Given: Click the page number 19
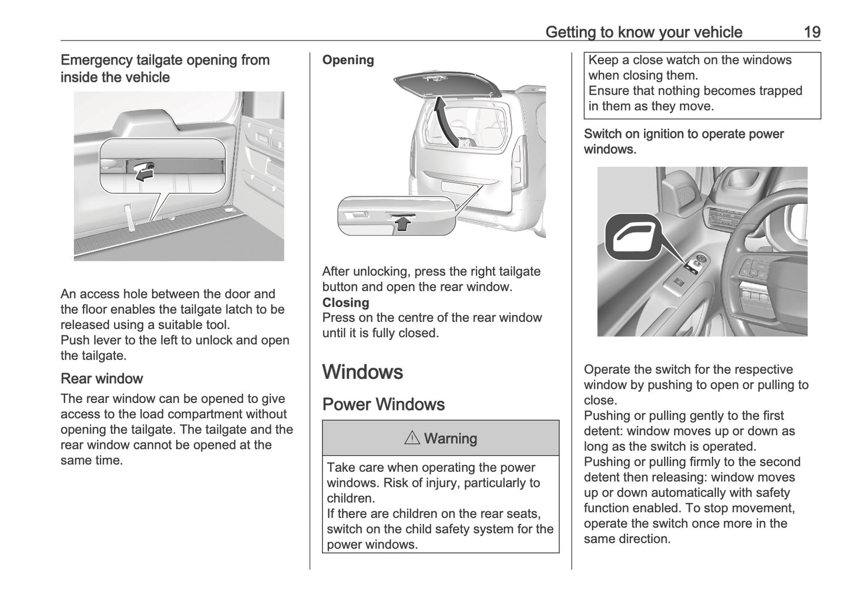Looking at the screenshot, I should (811, 32).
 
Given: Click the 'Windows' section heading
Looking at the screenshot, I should (363, 372).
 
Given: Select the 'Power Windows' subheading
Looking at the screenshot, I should (383, 404).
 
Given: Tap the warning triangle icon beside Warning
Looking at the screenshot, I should (411, 438).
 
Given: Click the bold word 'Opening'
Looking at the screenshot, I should (348, 60).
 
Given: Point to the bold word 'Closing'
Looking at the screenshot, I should (345, 303).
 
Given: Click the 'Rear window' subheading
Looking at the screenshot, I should (102, 378).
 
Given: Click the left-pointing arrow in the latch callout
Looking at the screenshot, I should (143, 173).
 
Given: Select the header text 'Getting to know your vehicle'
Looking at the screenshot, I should (643, 32).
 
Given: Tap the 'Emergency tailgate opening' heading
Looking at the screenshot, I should (165, 68).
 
